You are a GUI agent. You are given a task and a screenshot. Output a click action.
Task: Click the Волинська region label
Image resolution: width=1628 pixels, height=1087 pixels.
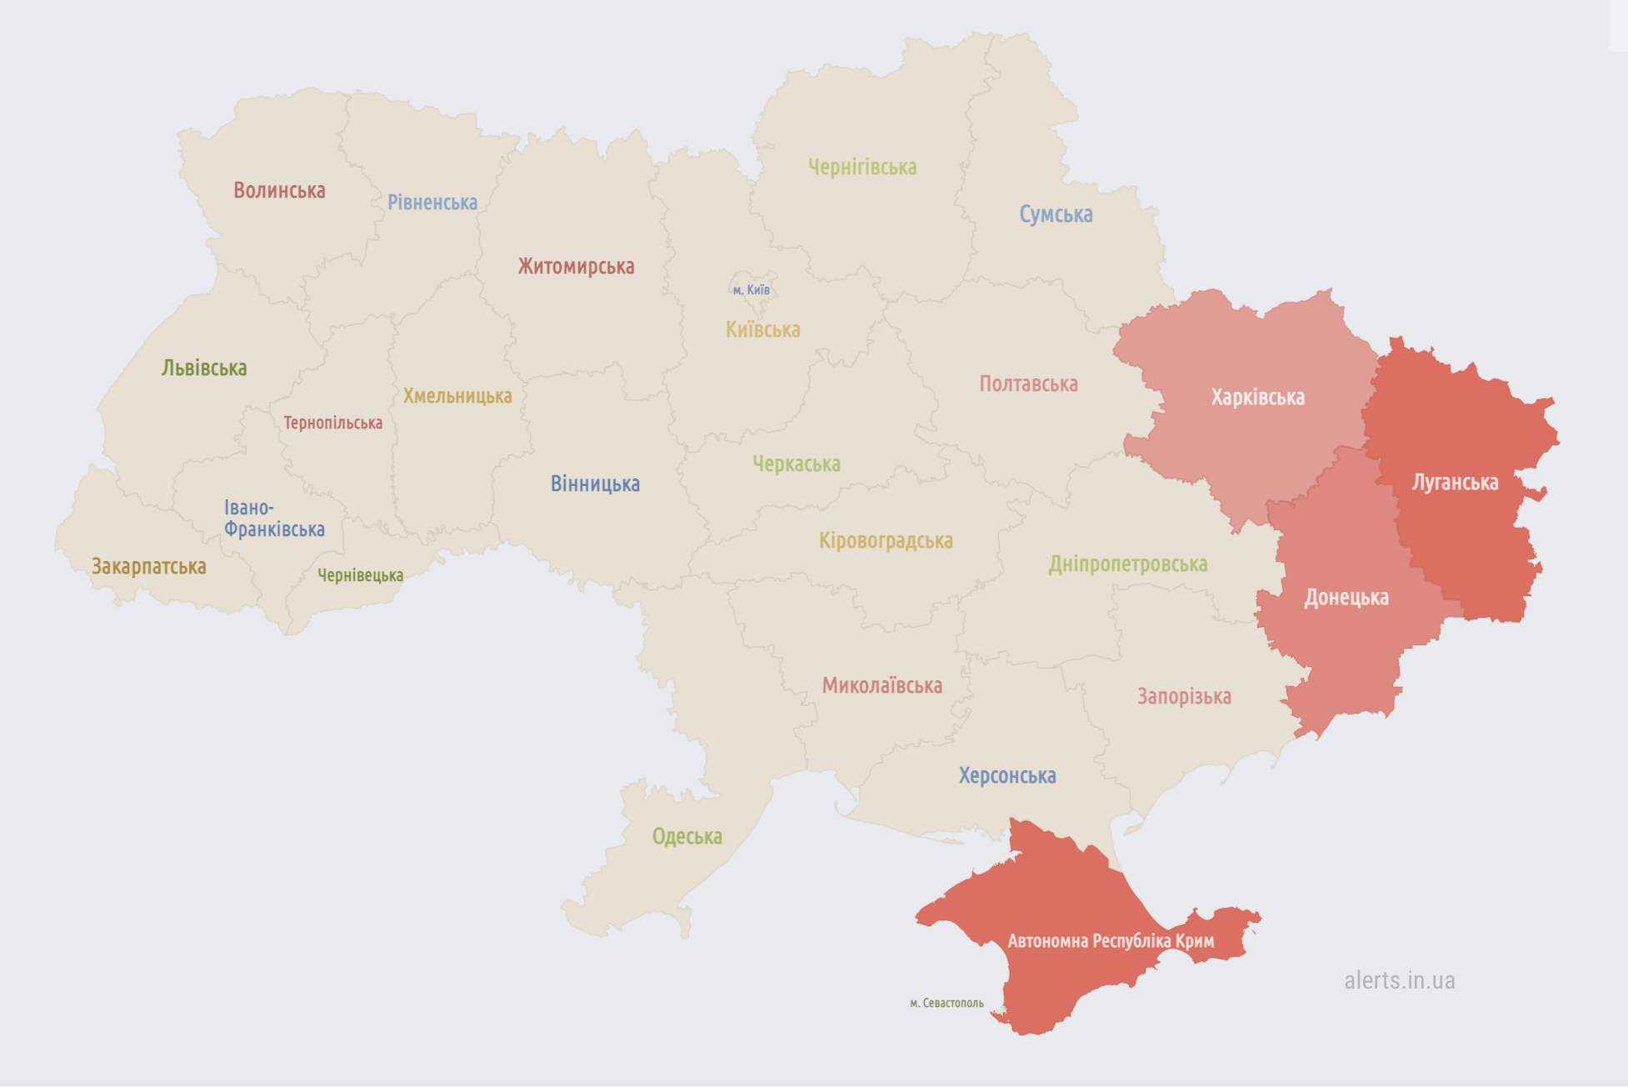pos(279,191)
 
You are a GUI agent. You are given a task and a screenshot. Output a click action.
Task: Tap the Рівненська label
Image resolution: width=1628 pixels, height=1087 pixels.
pos(432,203)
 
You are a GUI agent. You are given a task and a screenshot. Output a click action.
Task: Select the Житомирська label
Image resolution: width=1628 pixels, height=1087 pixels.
pos(576,267)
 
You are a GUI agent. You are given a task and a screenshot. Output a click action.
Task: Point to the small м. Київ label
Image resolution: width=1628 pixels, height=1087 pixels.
pos(752,290)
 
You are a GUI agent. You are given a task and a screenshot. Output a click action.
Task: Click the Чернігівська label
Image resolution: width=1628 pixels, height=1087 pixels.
pos(862,168)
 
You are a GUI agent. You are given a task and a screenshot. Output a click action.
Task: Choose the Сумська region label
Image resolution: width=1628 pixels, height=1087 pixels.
pos(1056,214)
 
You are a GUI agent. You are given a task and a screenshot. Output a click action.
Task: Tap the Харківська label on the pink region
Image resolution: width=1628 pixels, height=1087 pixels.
pos(1257,398)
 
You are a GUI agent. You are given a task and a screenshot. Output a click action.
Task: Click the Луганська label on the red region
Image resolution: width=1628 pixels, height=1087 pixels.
pos(1455,483)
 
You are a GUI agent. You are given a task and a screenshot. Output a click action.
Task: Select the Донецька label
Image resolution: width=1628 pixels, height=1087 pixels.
pos(1346,598)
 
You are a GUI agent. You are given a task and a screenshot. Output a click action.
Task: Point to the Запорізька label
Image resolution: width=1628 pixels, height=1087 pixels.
pos(1184,697)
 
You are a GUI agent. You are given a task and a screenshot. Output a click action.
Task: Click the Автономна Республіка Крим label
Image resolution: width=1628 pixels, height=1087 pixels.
pos(1111,941)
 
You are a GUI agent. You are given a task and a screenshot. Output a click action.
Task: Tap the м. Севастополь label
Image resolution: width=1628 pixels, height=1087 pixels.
pos(946,1003)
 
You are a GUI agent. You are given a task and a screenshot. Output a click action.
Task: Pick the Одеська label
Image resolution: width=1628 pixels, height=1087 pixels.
pos(687,836)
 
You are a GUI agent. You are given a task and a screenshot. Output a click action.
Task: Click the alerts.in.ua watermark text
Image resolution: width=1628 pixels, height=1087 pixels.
pos(1399,980)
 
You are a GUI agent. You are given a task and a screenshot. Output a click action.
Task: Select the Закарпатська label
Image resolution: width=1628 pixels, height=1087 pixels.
pos(148,567)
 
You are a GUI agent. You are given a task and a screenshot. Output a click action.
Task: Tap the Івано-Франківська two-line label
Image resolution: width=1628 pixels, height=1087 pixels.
pos(273,518)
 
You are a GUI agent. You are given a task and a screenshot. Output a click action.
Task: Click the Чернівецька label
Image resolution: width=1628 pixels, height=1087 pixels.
pos(360,575)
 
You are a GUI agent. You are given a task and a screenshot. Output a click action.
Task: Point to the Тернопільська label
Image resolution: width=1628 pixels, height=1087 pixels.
pos(332,423)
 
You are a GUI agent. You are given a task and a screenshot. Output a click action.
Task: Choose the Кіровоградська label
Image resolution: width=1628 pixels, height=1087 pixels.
pos(886,541)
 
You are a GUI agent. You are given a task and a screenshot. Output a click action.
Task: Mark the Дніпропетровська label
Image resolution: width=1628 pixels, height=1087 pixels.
pos(1127,564)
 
